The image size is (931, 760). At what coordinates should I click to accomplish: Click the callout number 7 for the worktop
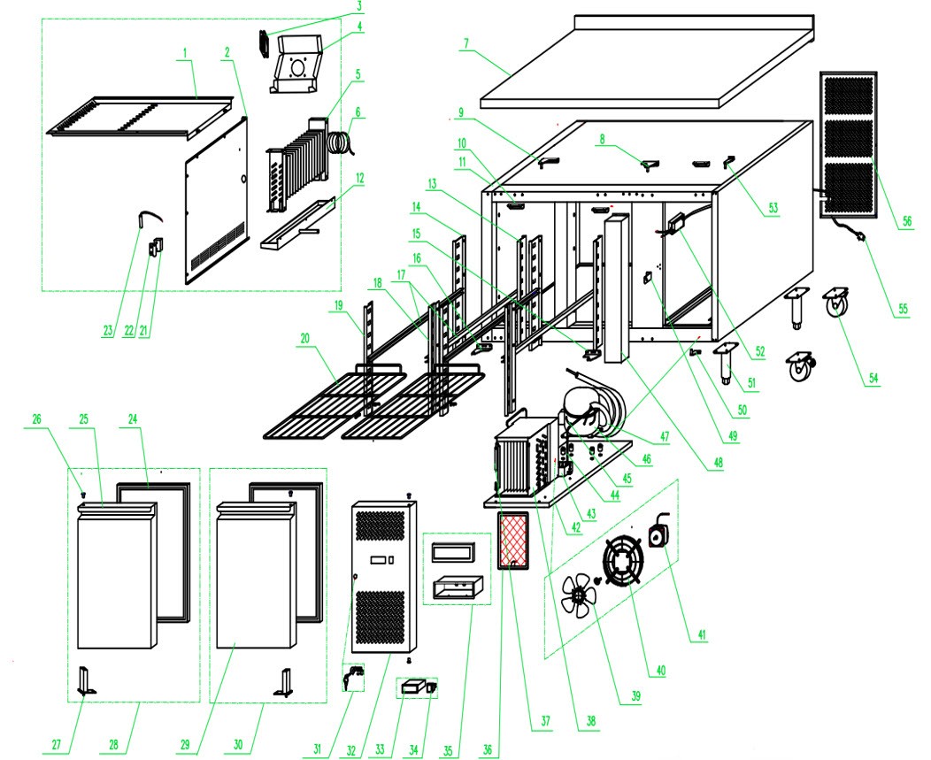point(466,43)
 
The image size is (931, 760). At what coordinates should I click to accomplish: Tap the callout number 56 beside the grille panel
point(906,221)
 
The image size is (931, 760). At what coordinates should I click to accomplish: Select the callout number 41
point(702,634)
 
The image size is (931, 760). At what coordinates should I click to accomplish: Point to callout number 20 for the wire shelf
point(305,339)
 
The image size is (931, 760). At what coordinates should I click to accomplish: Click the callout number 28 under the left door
point(113,744)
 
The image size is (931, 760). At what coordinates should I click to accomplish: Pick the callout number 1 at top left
point(185,53)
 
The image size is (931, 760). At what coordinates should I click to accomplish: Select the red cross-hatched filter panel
point(513,541)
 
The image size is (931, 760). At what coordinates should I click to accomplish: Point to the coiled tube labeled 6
point(341,143)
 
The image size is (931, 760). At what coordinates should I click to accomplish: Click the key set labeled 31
point(354,678)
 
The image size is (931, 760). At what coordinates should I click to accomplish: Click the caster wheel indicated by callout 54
point(836,302)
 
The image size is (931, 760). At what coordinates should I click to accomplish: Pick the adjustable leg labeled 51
point(725,363)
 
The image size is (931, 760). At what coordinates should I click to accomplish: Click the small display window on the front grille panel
point(382,560)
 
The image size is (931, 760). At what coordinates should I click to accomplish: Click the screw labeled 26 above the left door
point(84,494)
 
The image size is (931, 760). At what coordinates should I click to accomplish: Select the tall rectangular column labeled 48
point(616,289)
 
